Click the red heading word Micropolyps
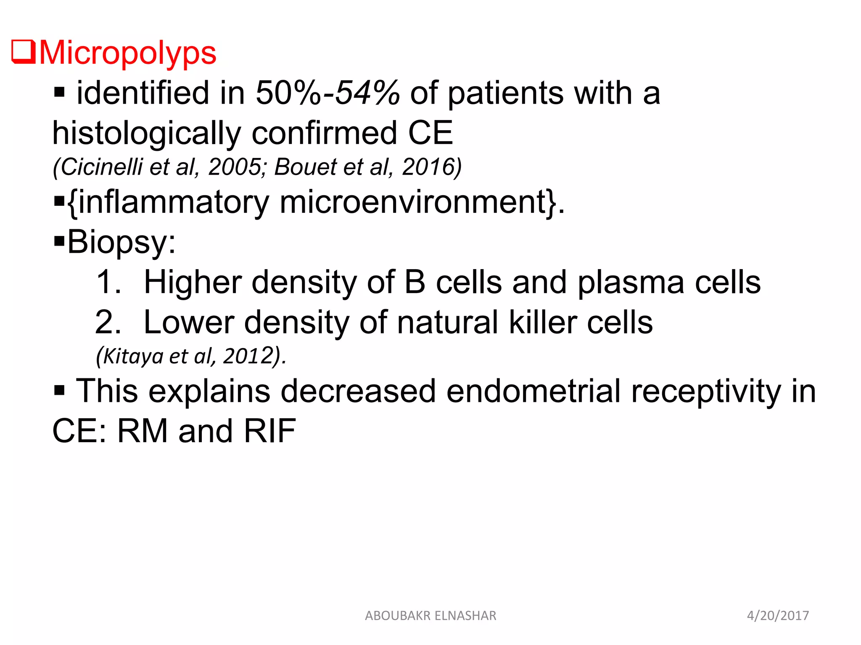pyautogui.click(x=127, y=53)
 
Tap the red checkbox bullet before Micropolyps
pyautogui.click(x=24, y=52)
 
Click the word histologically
pyautogui.click(x=146, y=133)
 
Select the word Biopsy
pyautogui.click(x=118, y=242)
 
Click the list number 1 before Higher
pyautogui.click(x=108, y=282)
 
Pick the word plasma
pyautogui.click(x=631, y=283)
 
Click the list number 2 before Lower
pyautogui.click(x=108, y=322)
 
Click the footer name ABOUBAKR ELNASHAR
pyautogui.click(x=430, y=616)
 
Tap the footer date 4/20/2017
pyautogui.click(x=778, y=616)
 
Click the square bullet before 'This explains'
pyautogui.click(x=59, y=391)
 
